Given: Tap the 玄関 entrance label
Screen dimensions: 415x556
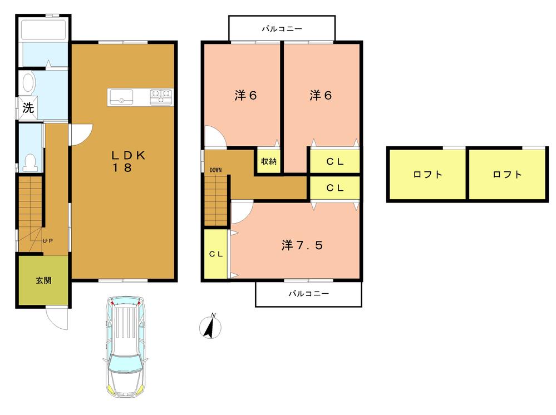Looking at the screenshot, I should (x=43, y=280).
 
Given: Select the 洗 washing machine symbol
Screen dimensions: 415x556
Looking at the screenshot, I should (x=28, y=108).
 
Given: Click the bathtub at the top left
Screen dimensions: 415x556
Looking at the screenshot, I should (x=43, y=28).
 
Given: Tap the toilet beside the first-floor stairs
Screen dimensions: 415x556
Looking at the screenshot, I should (x=31, y=161).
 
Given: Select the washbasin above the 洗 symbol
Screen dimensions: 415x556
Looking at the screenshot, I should (x=28, y=83).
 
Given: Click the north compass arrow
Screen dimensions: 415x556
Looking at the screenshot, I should (x=210, y=327).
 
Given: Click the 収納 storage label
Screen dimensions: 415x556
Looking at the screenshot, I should (x=269, y=161).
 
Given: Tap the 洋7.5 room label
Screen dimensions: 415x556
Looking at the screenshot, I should (x=302, y=245).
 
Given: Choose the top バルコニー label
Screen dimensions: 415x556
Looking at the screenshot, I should (x=282, y=28).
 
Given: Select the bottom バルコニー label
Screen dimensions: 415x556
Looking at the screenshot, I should (x=308, y=293).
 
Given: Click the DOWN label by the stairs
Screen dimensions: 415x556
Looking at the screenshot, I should (x=215, y=170).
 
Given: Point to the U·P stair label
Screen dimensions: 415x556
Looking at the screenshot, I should (x=49, y=240).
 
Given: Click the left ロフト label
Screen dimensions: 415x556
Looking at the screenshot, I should (x=427, y=174).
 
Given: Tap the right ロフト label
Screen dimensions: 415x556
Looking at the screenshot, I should (x=507, y=174).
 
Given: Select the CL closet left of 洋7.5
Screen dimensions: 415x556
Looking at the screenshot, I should (x=216, y=254).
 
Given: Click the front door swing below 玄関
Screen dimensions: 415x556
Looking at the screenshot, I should (x=57, y=319).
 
